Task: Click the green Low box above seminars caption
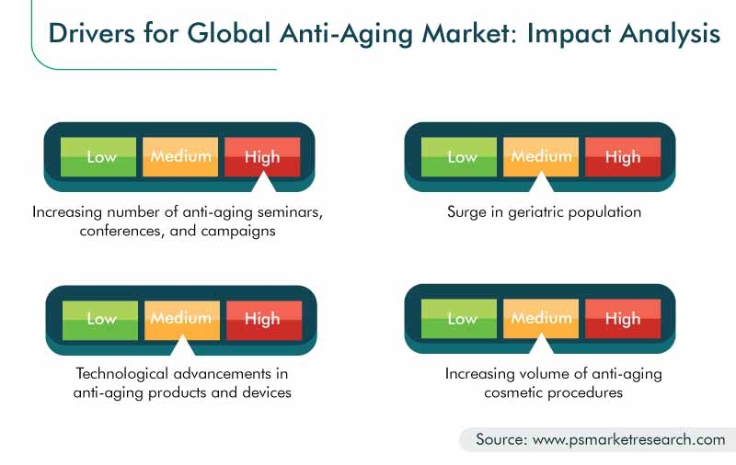click(98, 156)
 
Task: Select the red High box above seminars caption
click(262, 156)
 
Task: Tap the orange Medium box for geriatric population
click(541, 156)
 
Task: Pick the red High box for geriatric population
click(623, 156)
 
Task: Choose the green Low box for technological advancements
click(100, 320)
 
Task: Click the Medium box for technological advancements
click(182, 320)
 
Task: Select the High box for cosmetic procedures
click(623, 318)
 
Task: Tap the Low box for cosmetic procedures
click(459, 318)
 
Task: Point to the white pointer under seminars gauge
click(263, 183)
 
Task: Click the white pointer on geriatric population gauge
click(541, 183)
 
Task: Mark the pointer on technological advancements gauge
click(182, 346)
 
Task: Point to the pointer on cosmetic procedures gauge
click(541, 345)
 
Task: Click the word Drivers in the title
click(91, 33)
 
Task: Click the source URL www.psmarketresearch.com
click(628, 439)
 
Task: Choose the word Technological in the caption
click(122, 374)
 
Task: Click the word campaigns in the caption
click(238, 231)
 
